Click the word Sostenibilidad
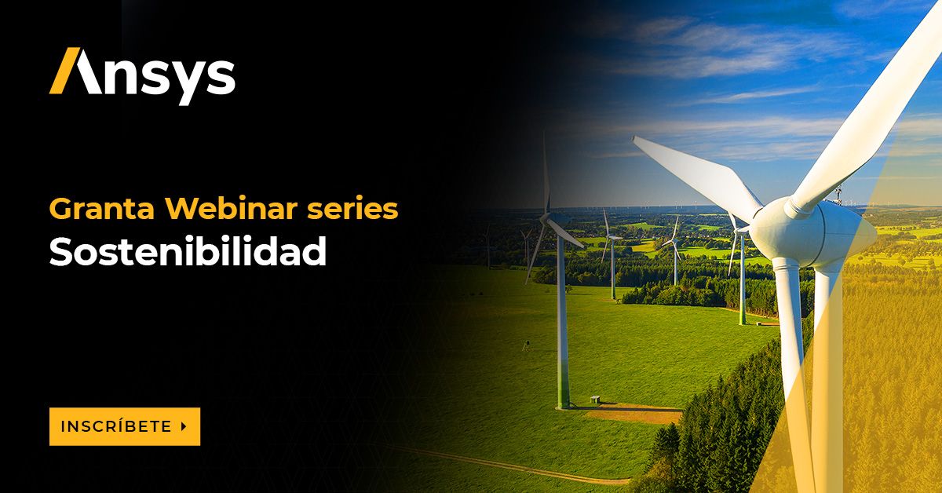(x=188, y=252)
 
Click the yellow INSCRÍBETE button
(x=124, y=426)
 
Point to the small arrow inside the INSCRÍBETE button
(x=184, y=426)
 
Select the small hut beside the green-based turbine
(x=594, y=399)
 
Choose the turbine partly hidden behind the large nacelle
(x=740, y=267)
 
